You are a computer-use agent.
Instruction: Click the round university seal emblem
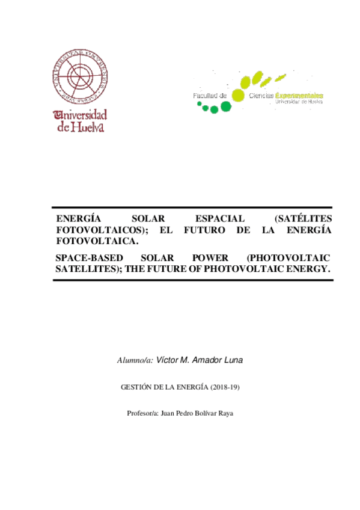coord(79,76)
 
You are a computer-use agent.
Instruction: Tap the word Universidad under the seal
coord(81,114)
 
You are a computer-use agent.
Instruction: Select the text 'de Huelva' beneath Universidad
coord(81,127)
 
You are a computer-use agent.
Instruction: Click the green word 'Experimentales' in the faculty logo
coord(299,95)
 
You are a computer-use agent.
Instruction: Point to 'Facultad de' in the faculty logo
coord(209,96)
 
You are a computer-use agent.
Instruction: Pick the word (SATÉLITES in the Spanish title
coord(302,218)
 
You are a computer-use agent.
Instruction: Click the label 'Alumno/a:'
coord(135,360)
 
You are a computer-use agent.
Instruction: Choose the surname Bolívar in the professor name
coord(204,414)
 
